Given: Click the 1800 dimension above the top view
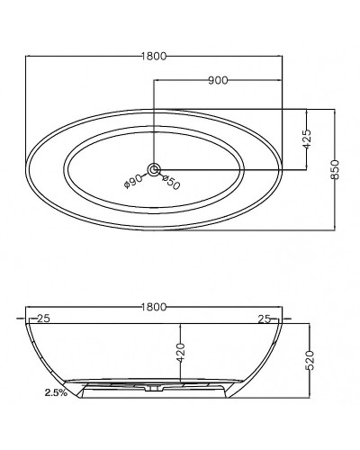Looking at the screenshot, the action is coord(154,56).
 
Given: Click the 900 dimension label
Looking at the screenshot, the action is coord(218,80).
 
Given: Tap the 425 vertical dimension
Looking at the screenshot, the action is coord(307,139).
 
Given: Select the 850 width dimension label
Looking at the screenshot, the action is coord(335,170).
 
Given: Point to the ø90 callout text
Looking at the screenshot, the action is coord(133,181).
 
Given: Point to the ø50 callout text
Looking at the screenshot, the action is coord(171,182).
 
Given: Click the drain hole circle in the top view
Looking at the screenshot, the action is coord(154,170).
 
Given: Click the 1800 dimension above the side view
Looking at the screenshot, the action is coord(154,307).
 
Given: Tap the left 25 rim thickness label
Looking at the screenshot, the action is coord(43,319).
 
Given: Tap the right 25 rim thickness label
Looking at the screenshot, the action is coord(265,319).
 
